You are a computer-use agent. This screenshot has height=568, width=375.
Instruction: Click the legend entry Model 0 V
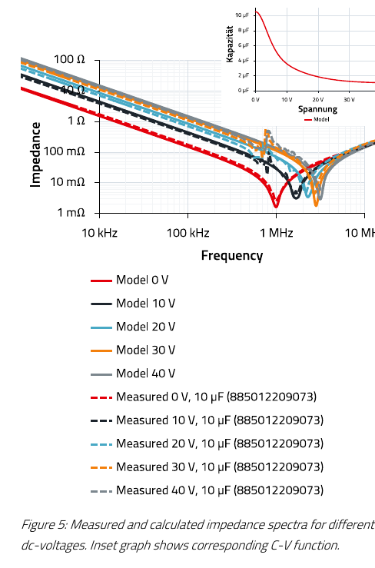(x=129, y=280)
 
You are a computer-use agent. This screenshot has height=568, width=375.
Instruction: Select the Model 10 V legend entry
(x=133, y=303)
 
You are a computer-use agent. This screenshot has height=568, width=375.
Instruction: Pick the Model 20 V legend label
(x=133, y=327)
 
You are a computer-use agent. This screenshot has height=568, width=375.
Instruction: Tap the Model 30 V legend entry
(x=133, y=350)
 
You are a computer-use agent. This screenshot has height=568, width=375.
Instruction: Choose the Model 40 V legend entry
(x=133, y=374)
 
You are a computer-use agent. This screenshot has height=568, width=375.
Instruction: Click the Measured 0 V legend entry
(x=204, y=397)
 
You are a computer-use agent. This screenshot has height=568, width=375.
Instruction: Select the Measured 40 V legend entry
(x=207, y=490)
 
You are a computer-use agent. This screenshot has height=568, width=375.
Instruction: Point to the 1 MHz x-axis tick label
(x=276, y=233)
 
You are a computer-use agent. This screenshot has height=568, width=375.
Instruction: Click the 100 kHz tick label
(x=187, y=233)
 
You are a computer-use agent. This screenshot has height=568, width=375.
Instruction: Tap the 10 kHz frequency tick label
(x=100, y=233)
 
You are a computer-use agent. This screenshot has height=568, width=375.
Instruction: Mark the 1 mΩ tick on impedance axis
(x=71, y=212)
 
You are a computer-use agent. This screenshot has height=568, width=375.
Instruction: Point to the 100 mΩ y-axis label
(x=64, y=151)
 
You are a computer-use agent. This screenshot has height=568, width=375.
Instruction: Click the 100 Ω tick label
(x=69, y=59)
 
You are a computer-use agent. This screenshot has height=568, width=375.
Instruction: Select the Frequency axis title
(x=232, y=255)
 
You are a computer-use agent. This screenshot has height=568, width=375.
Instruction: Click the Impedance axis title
(x=35, y=154)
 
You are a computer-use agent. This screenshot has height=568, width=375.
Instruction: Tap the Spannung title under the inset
(x=317, y=109)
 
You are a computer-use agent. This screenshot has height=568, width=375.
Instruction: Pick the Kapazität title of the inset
(x=229, y=44)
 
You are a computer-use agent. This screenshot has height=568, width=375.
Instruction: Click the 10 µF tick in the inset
(x=242, y=15)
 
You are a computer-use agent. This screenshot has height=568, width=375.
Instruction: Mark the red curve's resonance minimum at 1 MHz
(x=276, y=206)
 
